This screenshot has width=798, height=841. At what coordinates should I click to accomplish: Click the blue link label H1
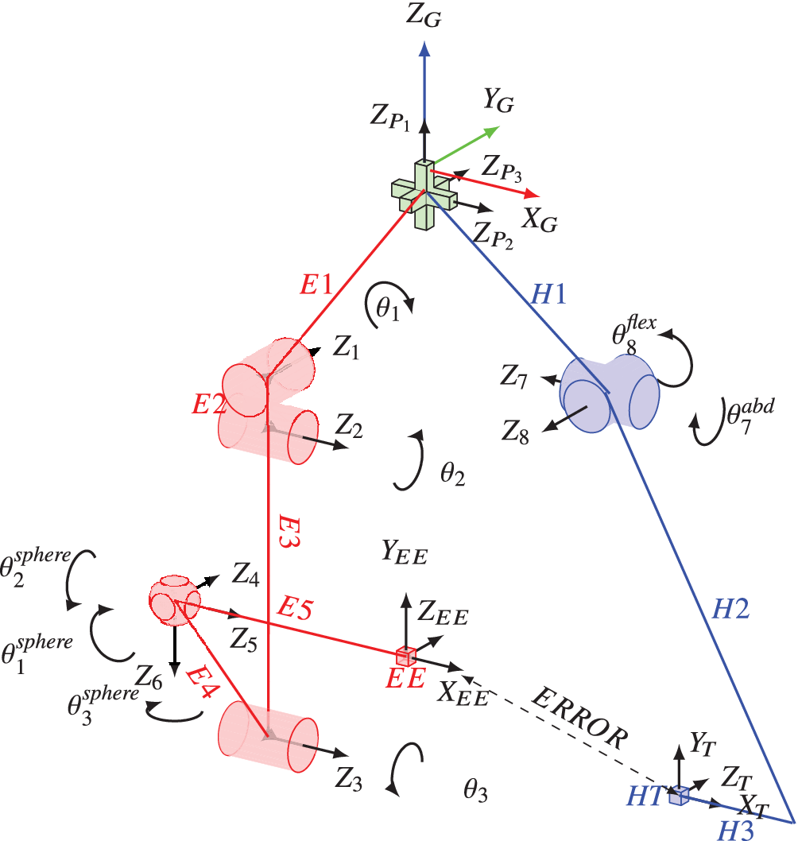click(548, 295)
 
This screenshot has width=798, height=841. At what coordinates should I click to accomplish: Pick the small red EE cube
click(406, 656)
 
